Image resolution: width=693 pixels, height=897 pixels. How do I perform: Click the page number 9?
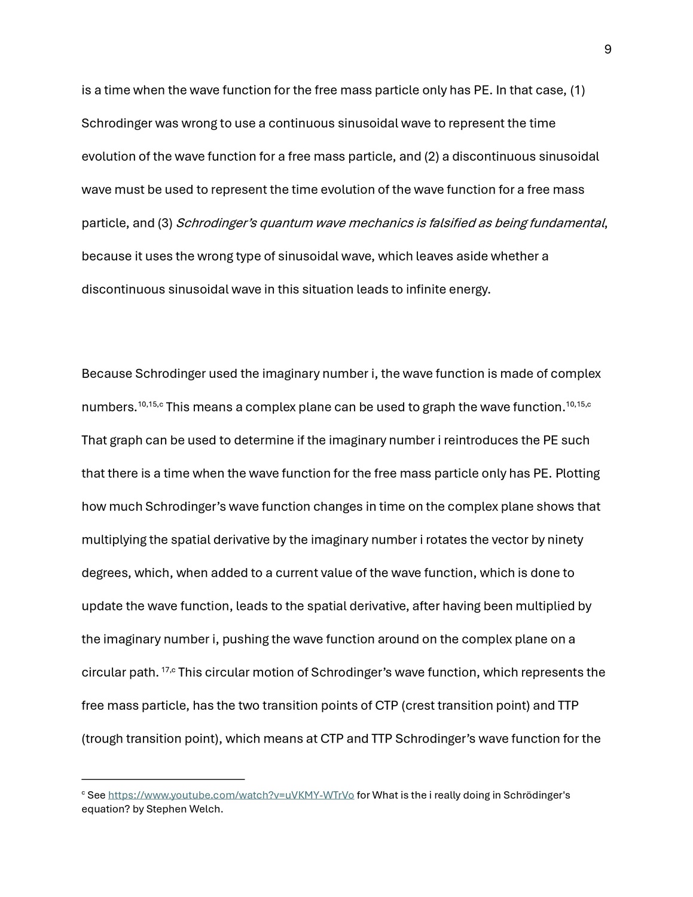[607, 50]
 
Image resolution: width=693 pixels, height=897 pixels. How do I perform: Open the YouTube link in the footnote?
[231, 795]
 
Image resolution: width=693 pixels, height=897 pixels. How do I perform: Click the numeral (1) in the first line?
[577, 90]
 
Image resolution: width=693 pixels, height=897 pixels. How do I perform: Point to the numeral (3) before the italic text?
[165, 223]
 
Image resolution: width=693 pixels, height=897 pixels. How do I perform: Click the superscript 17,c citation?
[169, 670]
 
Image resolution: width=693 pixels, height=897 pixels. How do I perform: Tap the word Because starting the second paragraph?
[106, 374]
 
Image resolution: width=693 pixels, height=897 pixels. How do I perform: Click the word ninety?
[566, 540]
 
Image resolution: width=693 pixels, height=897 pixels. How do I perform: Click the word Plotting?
[578, 474]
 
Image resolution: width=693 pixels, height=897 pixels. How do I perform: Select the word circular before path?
[103, 673]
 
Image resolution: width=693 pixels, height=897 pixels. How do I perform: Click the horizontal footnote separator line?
[163, 779]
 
